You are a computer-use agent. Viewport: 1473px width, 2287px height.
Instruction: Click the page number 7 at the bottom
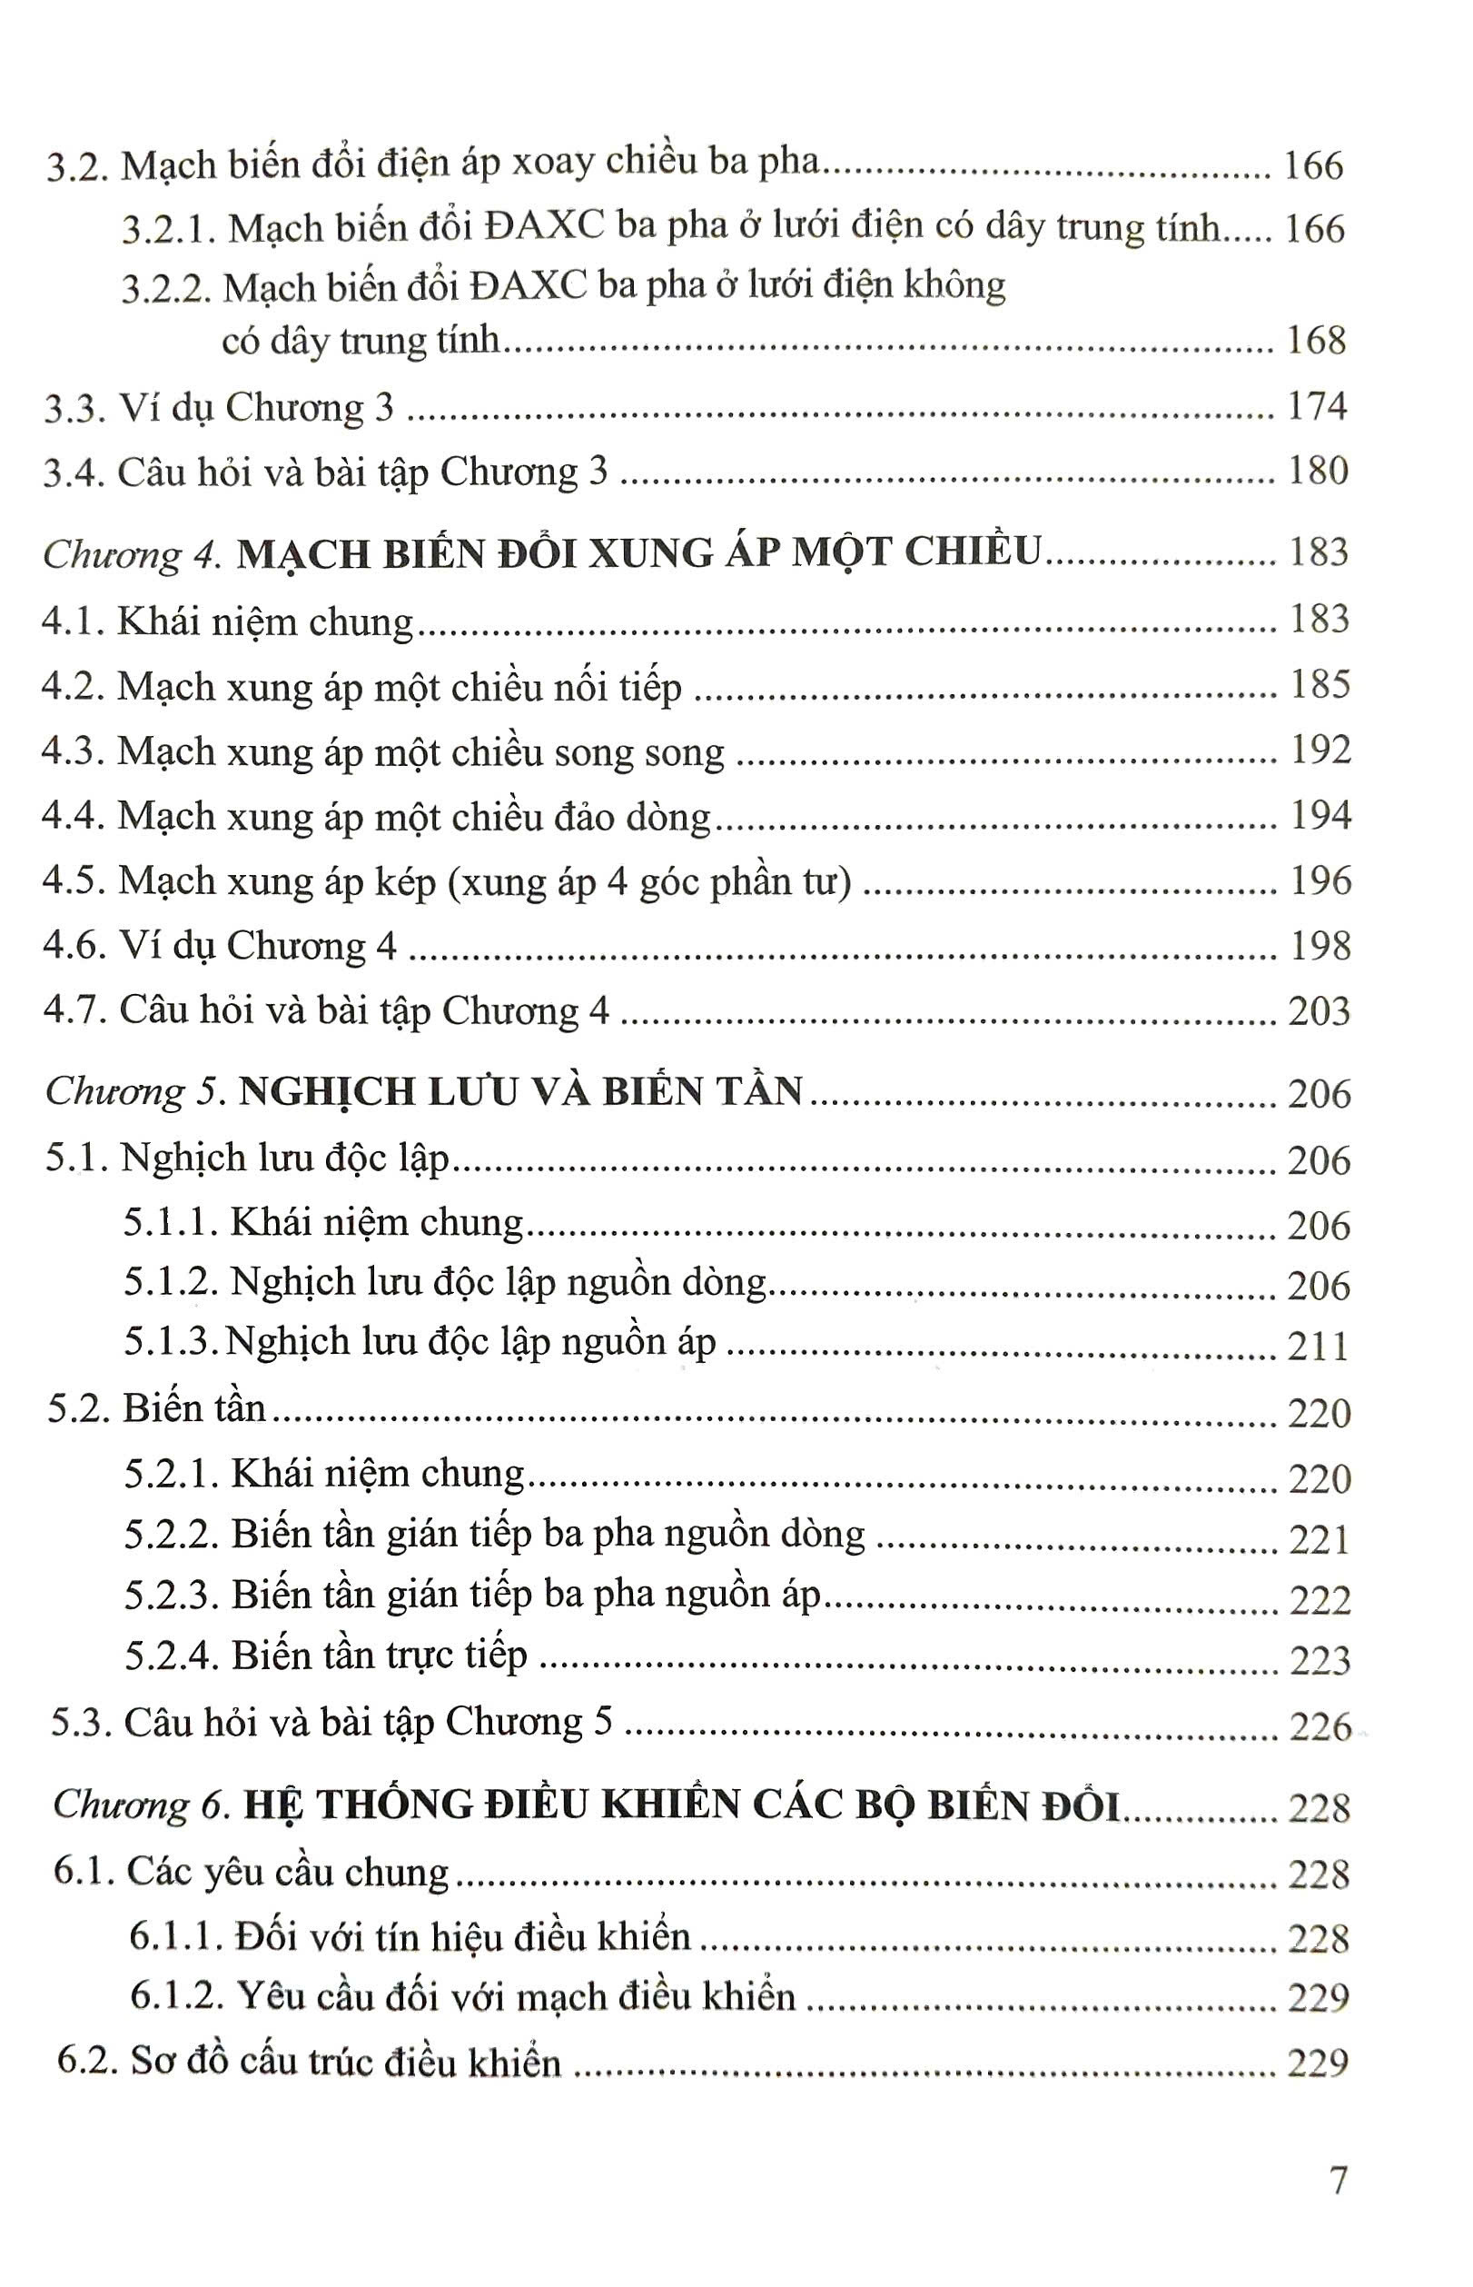point(1338,2180)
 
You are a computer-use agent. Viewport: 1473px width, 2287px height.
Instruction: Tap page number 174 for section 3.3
point(1317,407)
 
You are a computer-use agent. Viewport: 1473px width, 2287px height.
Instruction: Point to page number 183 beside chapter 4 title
point(1319,552)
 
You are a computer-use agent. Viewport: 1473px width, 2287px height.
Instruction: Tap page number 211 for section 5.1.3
point(1318,1347)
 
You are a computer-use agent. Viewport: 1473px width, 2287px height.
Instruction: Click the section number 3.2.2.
point(165,288)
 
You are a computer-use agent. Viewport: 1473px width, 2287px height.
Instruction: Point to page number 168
point(1317,340)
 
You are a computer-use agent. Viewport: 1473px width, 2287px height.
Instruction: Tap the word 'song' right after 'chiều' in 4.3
point(588,754)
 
